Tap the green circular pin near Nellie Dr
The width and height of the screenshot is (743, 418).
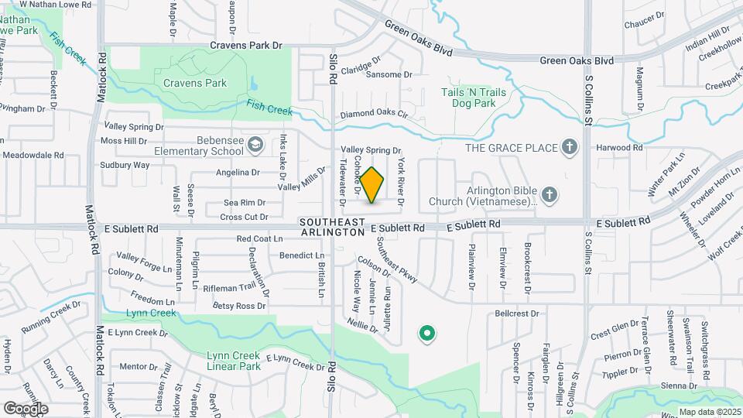pos(426,334)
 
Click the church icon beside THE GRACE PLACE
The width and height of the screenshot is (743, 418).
pos(570,147)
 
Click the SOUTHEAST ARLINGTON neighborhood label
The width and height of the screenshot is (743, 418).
pos(332,227)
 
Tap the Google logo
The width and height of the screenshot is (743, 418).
pos(26,408)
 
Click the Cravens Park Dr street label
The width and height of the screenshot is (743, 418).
pos(245,46)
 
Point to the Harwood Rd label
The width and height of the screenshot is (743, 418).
pos(619,147)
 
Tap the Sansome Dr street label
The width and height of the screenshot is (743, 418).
pos(389,75)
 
